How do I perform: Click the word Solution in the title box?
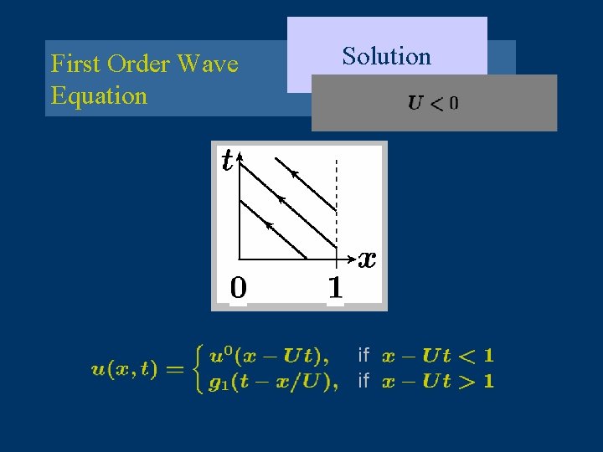386,57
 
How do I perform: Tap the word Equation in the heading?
99,95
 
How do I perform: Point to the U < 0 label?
433,104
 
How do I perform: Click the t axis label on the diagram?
227,160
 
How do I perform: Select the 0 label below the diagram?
239,288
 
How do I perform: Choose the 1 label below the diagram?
335,288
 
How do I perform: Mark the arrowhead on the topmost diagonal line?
295,173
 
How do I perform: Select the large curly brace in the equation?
198,369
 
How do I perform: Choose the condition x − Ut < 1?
437,356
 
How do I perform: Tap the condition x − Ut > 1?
437,382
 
